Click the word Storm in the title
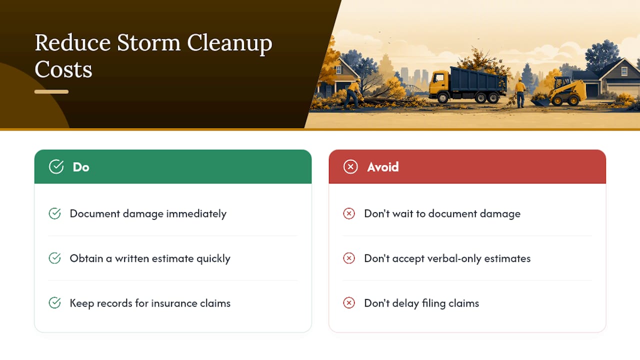[x=148, y=43]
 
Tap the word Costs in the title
[x=63, y=69]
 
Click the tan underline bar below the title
[x=51, y=91]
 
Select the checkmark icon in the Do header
[x=56, y=166]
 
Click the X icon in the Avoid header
[x=350, y=166]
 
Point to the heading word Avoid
[x=383, y=167]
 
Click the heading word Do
[x=81, y=167]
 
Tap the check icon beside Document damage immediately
[x=54, y=213]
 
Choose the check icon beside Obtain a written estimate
[x=54, y=258]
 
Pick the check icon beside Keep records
[x=54, y=303]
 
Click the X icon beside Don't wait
[x=349, y=213]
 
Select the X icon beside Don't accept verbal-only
[x=349, y=258]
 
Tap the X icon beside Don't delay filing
[x=349, y=303]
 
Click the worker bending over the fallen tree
[x=353, y=93]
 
